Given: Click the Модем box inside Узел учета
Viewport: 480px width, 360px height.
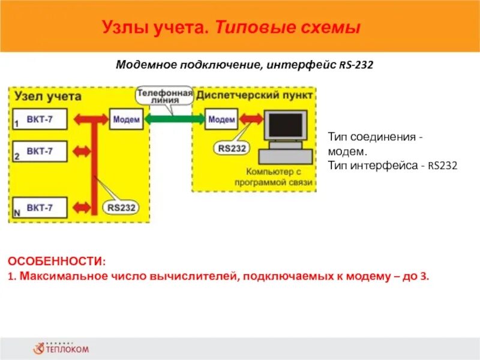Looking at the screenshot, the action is point(126,119).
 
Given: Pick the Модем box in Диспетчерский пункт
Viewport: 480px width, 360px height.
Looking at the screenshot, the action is point(221,119).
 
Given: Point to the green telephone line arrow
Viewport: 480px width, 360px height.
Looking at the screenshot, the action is point(174,119).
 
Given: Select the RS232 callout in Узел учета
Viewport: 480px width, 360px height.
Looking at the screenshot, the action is point(122,208).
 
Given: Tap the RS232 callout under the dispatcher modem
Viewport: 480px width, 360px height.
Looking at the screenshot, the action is point(231,148).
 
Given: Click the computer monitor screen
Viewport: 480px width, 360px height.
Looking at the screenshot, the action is point(284,125).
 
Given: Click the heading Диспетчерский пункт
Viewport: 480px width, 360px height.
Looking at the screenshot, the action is point(255,96).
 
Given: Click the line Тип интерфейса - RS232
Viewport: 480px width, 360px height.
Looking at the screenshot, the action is point(392,164).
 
